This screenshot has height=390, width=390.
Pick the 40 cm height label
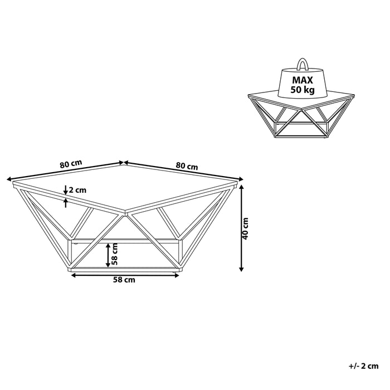[x=245, y=227]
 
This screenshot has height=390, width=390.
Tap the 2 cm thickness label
[x=78, y=191]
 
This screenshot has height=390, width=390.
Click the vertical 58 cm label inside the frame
[x=114, y=253]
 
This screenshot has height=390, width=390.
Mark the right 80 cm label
[x=187, y=166]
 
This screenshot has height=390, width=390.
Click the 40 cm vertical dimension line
[x=241, y=228]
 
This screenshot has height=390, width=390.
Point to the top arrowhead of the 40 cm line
[x=241, y=188]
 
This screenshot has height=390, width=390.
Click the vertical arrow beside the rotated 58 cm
[x=108, y=255]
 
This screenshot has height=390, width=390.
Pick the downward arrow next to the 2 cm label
[x=66, y=189]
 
